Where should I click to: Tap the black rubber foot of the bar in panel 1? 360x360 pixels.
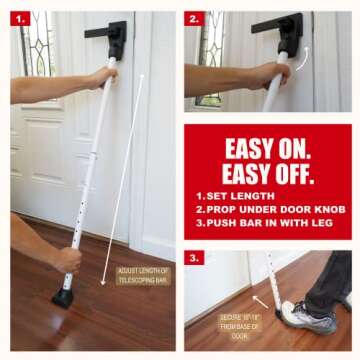point(63,297)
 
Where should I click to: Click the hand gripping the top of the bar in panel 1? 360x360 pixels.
point(101,77)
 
